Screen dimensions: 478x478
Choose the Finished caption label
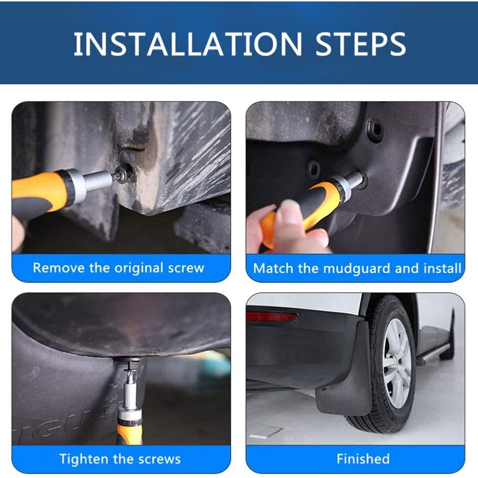click(x=363, y=459)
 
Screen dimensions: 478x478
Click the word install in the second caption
click(x=445, y=268)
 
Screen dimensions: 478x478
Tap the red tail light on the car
click(x=271, y=316)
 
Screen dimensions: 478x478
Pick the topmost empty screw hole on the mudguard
click(x=375, y=129)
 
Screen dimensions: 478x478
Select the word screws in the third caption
click(x=161, y=459)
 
